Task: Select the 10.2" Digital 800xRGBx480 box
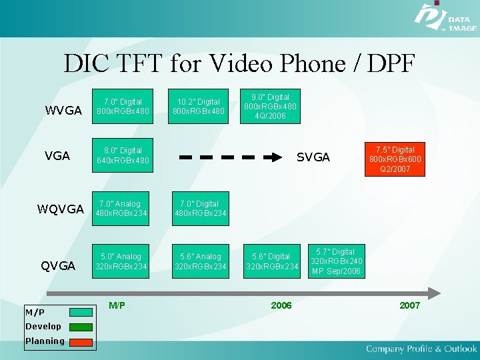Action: (x=199, y=106)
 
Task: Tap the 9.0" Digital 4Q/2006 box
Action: (x=271, y=106)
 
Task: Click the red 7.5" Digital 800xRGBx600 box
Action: (x=395, y=159)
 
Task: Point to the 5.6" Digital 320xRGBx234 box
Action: (x=271, y=261)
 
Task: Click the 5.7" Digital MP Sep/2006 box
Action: (x=337, y=261)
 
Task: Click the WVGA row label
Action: (x=63, y=110)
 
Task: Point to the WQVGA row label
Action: (x=61, y=209)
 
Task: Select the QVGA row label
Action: (x=58, y=265)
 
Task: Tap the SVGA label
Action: (x=313, y=157)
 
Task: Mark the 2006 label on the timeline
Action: (x=281, y=305)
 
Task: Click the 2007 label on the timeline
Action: (x=409, y=305)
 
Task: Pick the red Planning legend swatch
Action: (x=81, y=341)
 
